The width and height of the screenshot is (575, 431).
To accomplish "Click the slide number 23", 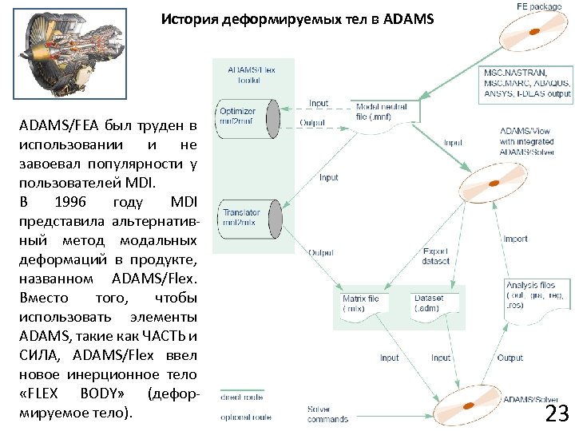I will click(556, 413).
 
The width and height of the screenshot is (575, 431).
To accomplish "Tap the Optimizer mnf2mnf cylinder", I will click(247, 118).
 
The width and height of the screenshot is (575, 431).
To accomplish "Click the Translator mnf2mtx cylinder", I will click(247, 218).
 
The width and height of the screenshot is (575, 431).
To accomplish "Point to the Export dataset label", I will click(436, 256).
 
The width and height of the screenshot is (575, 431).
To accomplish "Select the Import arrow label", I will click(515, 239).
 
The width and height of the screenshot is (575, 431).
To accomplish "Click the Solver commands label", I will click(327, 414).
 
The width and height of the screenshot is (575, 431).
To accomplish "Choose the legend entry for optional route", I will click(246, 417).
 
